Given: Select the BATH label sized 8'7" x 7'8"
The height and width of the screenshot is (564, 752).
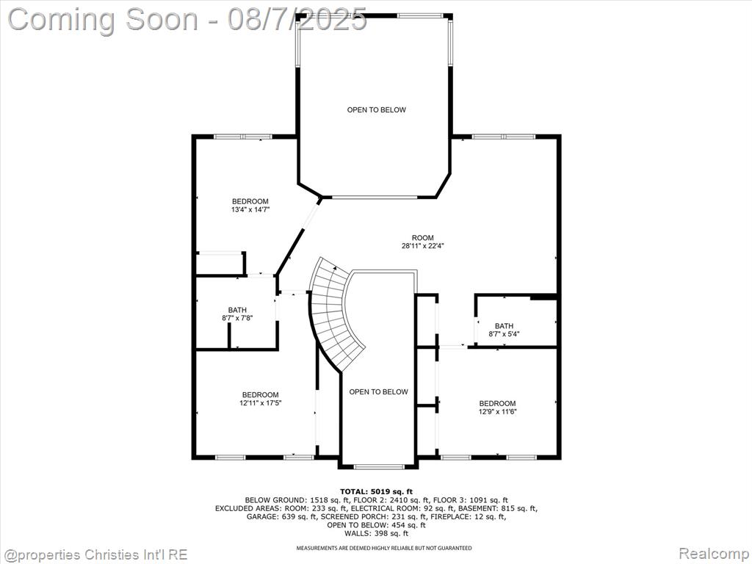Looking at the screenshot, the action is (237, 314).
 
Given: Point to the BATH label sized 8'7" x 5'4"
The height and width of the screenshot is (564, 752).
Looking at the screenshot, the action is (504, 330).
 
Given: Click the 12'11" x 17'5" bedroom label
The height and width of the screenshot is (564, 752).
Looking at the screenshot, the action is (260, 399).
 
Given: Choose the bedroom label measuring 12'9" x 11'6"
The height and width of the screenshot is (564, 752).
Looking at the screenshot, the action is (497, 407).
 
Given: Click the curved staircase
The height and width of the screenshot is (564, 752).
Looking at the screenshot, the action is (335, 314).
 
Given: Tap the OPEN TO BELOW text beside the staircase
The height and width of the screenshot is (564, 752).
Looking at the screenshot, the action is (378, 392).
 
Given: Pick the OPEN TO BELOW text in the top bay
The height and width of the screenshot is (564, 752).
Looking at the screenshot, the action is (377, 110).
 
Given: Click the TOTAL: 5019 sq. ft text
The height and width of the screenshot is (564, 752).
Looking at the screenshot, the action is (376, 491).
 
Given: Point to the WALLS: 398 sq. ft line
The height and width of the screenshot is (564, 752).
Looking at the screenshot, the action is (376, 533).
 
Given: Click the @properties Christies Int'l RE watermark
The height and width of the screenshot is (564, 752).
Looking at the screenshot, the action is (94, 554).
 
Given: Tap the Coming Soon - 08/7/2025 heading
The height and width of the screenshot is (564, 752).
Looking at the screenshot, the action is (187, 20).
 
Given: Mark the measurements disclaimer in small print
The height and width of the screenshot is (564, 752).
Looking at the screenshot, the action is (383, 548).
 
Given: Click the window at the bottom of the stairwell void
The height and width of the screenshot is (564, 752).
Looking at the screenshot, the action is (379, 466).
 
